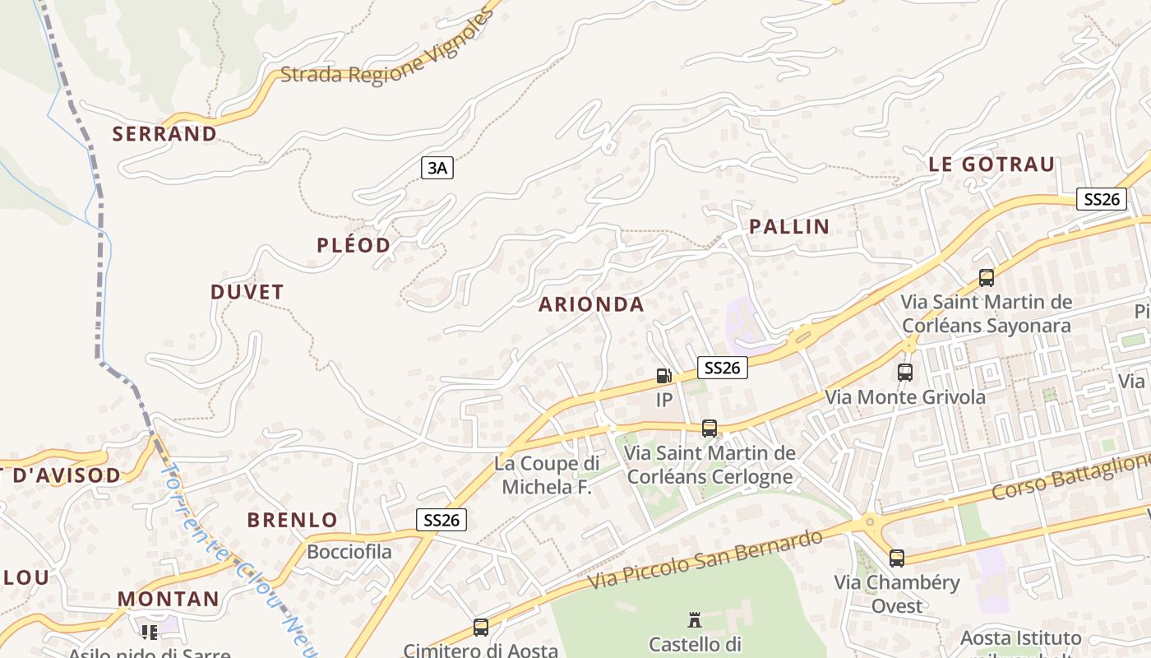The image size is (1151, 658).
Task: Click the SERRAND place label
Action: pos(164,133)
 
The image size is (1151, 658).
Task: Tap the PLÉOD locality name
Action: pos(354,245)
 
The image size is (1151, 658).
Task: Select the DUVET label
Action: pos(247,292)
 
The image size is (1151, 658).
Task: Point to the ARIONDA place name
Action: pos(591,304)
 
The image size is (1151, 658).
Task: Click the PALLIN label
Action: pos(788,227)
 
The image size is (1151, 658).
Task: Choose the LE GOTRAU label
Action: pos(991,164)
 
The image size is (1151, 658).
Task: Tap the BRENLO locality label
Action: pos(292,520)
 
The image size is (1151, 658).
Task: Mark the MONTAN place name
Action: pos(169,599)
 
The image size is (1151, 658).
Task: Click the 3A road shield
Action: pos(437,169)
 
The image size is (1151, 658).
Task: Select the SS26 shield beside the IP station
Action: pos(722,368)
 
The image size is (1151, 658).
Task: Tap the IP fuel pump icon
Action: pos(663,377)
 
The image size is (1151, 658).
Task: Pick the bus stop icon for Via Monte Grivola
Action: pos(905,373)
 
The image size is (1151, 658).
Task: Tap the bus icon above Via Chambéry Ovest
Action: pos(896,558)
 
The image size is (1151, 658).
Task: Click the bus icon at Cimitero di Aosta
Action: pos(481,628)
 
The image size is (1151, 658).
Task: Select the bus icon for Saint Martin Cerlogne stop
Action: pos(709,429)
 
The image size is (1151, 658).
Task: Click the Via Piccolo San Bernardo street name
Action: pos(705,559)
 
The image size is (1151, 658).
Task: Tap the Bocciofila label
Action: pos(349,551)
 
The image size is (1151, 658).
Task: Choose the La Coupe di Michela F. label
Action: pos(547,475)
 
